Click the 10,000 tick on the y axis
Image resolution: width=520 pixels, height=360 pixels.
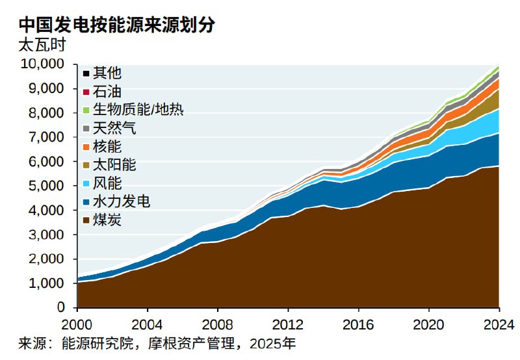(x=42, y=64)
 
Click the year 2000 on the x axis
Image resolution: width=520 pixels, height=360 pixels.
(x=77, y=324)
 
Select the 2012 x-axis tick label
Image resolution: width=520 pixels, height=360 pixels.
(x=288, y=324)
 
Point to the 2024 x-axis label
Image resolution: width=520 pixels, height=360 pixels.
(x=499, y=324)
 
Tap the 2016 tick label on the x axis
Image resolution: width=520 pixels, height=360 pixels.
(x=358, y=324)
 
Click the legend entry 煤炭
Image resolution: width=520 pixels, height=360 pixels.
(x=107, y=220)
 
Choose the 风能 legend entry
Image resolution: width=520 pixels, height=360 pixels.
(x=107, y=183)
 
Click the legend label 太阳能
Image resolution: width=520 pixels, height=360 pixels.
(x=114, y=164)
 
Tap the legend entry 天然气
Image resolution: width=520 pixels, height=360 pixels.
(x=114, y=128)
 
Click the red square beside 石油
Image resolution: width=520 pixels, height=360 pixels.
(x=86, y=92)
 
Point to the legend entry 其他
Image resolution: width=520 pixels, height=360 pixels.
(x=107, y=73)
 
